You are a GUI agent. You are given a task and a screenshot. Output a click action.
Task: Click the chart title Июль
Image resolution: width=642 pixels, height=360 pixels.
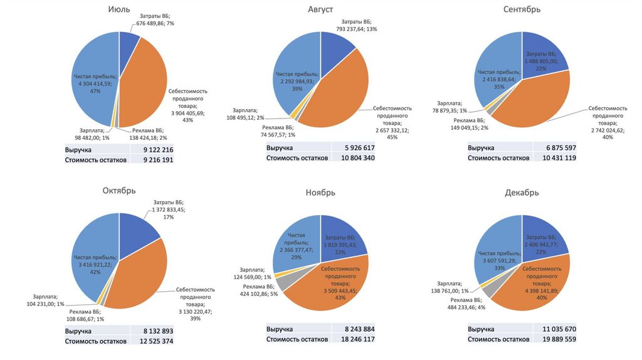[118, 9]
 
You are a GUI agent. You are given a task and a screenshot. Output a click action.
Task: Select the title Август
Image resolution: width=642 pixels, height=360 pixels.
[320, 9]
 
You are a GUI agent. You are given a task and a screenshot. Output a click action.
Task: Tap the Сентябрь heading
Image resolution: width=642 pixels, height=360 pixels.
[522, 9]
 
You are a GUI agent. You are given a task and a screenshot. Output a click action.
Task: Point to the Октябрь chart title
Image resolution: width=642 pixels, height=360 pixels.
[118, 191]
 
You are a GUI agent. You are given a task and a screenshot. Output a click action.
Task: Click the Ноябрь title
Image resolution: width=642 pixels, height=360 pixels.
[320, 193]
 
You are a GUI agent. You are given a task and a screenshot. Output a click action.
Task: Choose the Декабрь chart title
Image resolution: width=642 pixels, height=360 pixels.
[522, 193]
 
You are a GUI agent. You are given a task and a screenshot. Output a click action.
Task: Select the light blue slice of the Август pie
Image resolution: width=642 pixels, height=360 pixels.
[295, 69]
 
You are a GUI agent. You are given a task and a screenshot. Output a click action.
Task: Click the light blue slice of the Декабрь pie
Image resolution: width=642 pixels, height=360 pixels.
[495, 251]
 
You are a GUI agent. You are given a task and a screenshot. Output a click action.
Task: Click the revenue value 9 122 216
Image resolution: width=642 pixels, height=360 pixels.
[158, 150]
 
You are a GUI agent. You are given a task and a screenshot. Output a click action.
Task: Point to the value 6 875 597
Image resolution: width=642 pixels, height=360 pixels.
[560, 148]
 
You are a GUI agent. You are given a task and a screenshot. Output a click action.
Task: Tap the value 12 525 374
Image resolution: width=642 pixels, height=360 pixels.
[158, 341]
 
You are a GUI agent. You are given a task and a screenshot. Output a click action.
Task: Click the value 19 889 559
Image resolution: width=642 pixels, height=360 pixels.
[560, 339]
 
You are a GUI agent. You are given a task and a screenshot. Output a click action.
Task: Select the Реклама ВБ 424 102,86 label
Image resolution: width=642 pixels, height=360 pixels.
[264, 290]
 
